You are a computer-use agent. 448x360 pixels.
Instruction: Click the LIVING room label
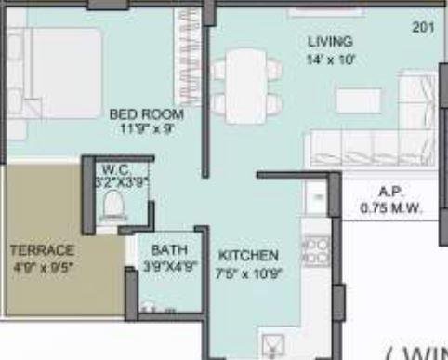[x=330, y=42]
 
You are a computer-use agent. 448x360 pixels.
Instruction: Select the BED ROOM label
[x=146, y=113]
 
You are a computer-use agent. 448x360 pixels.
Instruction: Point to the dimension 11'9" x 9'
[x=147, y=129]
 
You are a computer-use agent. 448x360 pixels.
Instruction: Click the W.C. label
[x=116, y=170]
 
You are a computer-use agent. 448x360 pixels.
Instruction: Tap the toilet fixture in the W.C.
[x=113, y=205]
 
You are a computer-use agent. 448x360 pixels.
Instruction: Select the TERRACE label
[x=42, y=250]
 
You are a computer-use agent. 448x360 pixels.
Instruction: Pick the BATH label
[x=169, y=250]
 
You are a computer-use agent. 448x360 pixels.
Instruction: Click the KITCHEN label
[x=248, y=255]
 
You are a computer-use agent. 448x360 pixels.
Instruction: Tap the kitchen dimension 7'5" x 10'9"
[x=248, y=273]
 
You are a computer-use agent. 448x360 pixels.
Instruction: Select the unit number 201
[x=423, y=28]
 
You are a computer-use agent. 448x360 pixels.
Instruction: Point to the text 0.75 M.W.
[x=390, y=209]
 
